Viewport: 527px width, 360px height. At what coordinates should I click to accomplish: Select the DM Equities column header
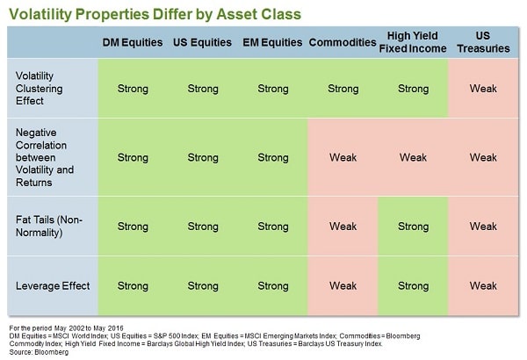(x=133, y=43)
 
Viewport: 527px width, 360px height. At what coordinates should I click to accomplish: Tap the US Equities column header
(x=203, y=43)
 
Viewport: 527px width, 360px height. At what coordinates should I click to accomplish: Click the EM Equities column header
(x=273, y=43)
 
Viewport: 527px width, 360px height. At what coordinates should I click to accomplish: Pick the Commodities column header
(x=343, y=43)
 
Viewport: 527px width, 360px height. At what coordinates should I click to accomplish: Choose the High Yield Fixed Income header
(x=413, y=43)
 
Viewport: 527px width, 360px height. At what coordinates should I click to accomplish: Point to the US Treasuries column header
(x=483, y=43)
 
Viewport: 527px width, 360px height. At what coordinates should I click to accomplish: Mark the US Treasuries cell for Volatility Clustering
(x=483, y=89)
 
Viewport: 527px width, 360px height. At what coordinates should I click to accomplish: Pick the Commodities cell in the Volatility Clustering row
(x=343, y=89)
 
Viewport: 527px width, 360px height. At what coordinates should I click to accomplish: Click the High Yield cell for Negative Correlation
(x=413, y=158)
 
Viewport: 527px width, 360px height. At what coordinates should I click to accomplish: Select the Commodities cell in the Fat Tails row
(x=343, y=227)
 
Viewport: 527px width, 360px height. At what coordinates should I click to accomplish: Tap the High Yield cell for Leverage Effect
(x=413, y=285)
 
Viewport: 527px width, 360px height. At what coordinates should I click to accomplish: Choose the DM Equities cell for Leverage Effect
(x=133, y=285)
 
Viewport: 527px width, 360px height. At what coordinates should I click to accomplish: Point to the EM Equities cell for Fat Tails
(x=273, y=227)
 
